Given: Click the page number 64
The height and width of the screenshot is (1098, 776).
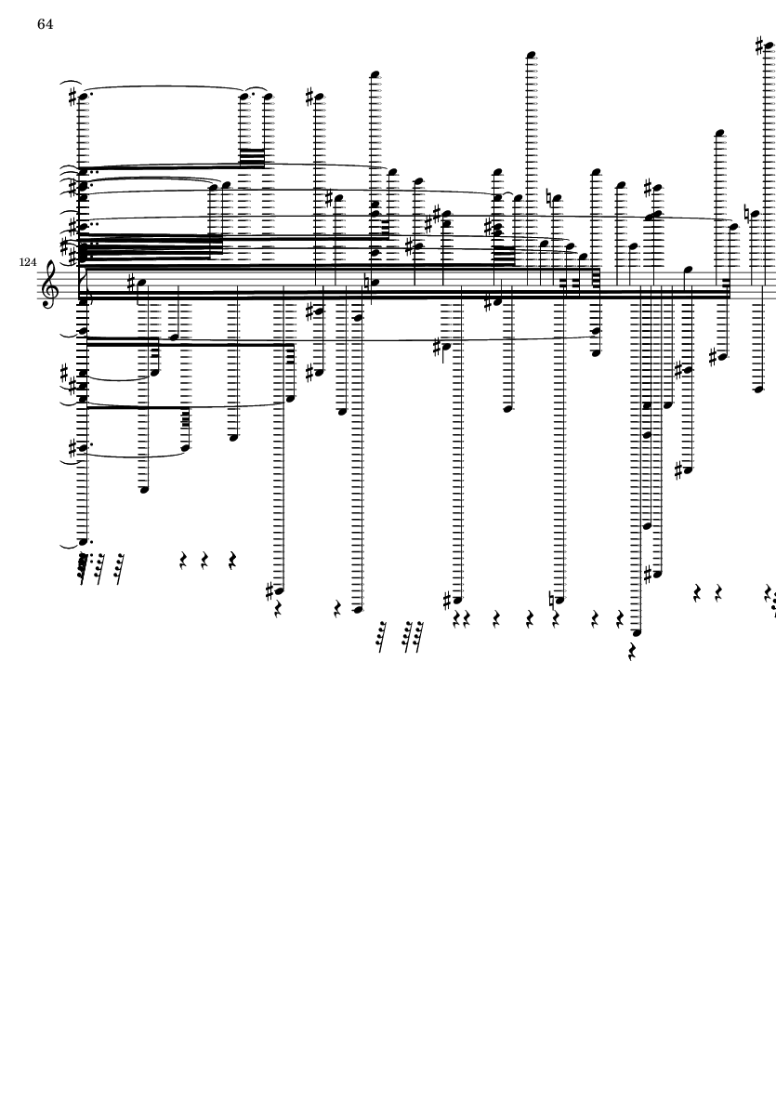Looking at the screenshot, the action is pyautogui.click(x=45, y=24).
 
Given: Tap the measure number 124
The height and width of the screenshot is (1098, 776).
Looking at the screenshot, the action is pyautogui.click(x=28, y=262).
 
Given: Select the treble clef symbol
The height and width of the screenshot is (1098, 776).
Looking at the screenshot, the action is pyautogui.click(x=49, y=284).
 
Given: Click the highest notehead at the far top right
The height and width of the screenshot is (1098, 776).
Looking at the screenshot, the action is pyautogui.click(x=769, y=46).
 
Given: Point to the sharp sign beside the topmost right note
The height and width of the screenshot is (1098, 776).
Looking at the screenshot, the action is pyautogui.click(x=760, y=46).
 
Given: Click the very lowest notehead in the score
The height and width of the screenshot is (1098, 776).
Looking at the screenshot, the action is pyautogui.click(x=637, y=632).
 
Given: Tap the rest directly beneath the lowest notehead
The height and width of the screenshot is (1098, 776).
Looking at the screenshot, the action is pyautogui.click(x=633, y=652).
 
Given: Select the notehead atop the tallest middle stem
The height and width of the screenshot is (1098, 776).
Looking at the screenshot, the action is pyautogui.click(x=531, y=55).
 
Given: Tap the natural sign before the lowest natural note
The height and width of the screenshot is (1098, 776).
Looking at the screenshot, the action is pyautogui.click(x=553, y=600).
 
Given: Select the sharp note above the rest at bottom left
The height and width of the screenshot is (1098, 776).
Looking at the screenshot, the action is pyautogui.click(x=279, y=590).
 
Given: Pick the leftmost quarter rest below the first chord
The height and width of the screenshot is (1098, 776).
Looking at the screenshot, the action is pyautogui.click(x=183, y=561).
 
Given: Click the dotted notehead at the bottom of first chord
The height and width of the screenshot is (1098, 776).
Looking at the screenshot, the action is pyautogui.click(x=84, y=541).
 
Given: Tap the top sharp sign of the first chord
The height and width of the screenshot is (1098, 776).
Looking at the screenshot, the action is pyautogui.click(x=72, y=96).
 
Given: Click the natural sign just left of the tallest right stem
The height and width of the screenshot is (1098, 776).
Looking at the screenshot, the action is pyautogui.click(x=747, y=214).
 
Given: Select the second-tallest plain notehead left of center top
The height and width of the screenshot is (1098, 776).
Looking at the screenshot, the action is pyautogui.click(x=375, y=74).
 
